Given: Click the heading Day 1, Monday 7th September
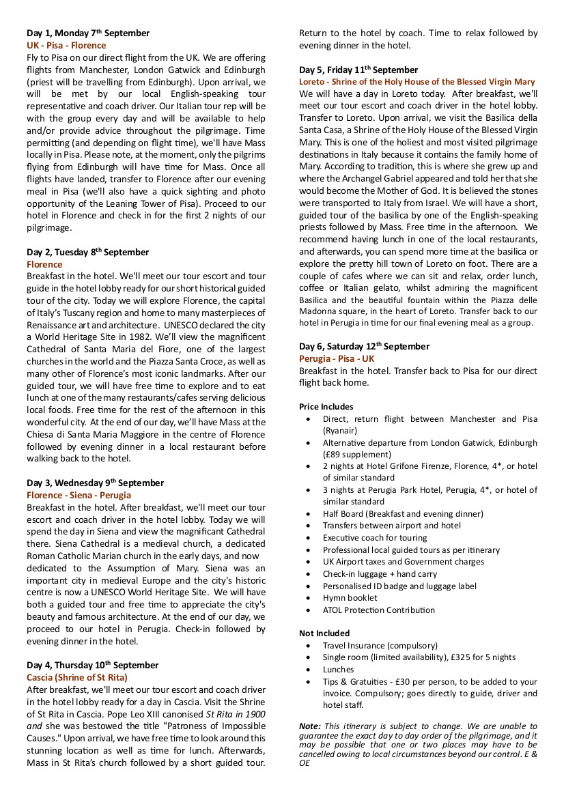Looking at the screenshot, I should click(88, 33).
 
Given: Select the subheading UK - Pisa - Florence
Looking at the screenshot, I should click(66, 45).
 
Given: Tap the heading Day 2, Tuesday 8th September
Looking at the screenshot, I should click(87, 252).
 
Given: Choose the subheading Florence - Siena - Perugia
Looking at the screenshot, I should click(79, 496).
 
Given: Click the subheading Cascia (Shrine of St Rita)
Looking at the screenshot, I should click(77, 677).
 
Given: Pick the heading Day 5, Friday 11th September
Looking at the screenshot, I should click(358, 70).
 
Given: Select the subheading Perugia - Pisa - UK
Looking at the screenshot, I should click(337, 358).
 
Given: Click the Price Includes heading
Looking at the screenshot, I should click(326, 407).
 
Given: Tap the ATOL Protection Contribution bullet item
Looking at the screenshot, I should click(379, 610).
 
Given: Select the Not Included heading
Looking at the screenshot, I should click(324, 633).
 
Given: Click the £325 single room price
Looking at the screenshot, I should click(464, 657).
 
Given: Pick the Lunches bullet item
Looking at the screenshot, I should click(339, 670).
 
